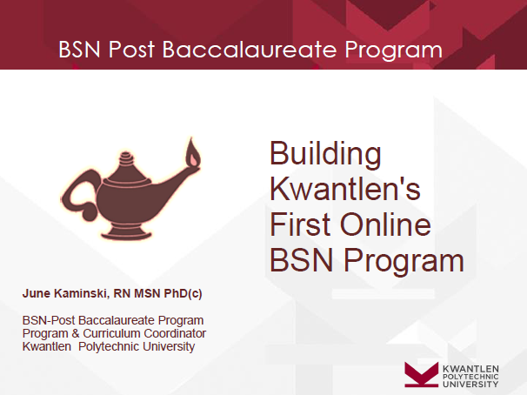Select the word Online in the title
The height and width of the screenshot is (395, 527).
coord(385,224)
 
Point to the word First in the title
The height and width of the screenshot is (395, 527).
coord(301,224)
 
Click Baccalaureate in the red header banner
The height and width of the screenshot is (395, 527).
coord(250,50)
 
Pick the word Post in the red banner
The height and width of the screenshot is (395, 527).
coord(131,50)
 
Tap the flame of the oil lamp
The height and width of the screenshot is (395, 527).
coord(193,152)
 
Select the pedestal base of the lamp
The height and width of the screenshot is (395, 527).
coord(126,231)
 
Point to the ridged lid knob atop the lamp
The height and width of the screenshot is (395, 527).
coord(126,158)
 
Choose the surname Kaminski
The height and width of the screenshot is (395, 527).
coord(82,293)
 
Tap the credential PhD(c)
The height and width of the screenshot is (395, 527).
coord(183,293)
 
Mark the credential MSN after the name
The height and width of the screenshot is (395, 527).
coord(147,293)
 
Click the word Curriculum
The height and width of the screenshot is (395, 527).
coord(111,333)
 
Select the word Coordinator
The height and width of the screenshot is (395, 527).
coord(175,333)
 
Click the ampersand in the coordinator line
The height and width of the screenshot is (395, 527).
coord(76,333)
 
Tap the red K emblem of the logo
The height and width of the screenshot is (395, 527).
coord(422,374)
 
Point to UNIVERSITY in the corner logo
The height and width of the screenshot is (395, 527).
coord(470,384)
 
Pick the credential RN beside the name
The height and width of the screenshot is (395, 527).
coord(122,293)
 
